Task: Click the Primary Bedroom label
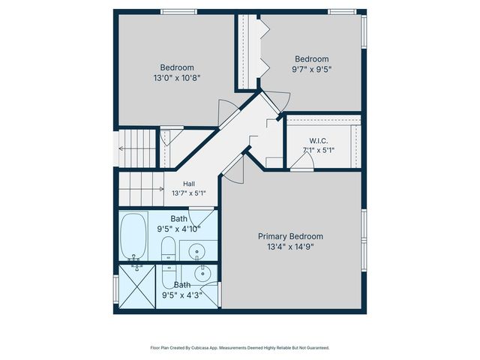(x=290, y=237)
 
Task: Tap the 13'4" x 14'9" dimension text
(x=290, y=247)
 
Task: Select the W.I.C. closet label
(x=318, y=141)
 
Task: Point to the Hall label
(x=189, y=184)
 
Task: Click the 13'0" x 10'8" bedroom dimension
(x=177, y=78)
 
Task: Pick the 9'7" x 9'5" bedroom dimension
(x=312, y=70)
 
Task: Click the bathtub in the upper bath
(x=133, y=237)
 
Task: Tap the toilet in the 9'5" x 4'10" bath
(x=168, y=248)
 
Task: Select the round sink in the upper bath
(x=196, y=252)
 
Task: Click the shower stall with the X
(x=136, y=286)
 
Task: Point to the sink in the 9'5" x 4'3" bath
(x=202, y=274)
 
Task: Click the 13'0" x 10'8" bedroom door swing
(x=227, y=112)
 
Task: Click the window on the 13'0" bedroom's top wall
(x=179, y=12)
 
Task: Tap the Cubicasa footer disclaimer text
(x=240, y=348)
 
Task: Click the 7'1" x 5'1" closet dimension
(x=318, y=150)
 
